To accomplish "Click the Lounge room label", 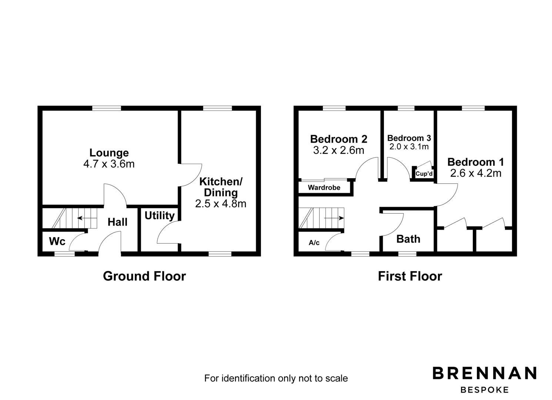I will (109, 153).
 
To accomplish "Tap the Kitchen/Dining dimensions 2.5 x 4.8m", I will (221, 203).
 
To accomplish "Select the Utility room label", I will (160, 216).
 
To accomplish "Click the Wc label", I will (57, 241).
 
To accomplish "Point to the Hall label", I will (117, 222).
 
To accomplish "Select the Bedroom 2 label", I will (338, 139).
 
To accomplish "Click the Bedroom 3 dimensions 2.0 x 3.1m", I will (409, 147).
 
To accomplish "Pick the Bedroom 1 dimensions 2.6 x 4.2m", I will (476, 173).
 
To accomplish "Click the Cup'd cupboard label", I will (424, 174).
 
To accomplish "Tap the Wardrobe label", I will (324, 188).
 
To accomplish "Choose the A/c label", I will (314, 243).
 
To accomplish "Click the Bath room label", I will (408, 239).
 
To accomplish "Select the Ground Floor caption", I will (144, 276).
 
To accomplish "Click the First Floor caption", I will (410, 276).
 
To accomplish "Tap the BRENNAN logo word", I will (485, 373).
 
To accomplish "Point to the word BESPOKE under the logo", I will (485, 390).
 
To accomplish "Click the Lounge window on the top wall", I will (107, 108).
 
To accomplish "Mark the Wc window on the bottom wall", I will (64, 254).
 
